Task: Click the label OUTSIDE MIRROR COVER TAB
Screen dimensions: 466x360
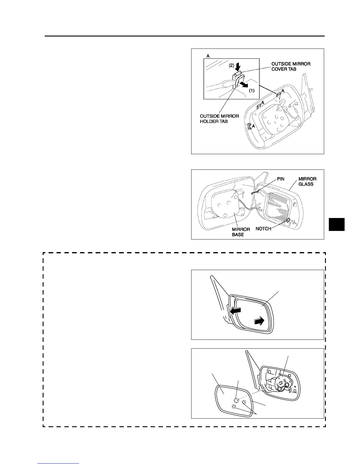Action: coord(291,66)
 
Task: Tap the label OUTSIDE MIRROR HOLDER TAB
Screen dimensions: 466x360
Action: coord(219,119)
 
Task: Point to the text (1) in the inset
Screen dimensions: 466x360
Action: coord(252,91)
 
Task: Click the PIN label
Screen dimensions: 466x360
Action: coord(281,179)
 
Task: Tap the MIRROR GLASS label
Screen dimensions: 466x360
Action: coord(307,181)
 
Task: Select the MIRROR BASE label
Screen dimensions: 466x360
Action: coord(241,232)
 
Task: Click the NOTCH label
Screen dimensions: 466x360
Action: coord(263,229)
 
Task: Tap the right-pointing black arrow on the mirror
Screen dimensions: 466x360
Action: coord(260,321)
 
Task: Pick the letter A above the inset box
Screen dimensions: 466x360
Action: coord(208,56)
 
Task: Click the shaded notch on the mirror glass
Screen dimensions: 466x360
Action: coord(289,220)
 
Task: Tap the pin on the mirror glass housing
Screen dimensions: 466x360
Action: coord(255,192)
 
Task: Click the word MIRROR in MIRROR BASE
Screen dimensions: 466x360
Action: coord(241,229)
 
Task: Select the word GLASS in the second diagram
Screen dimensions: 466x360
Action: coord(306,184)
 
